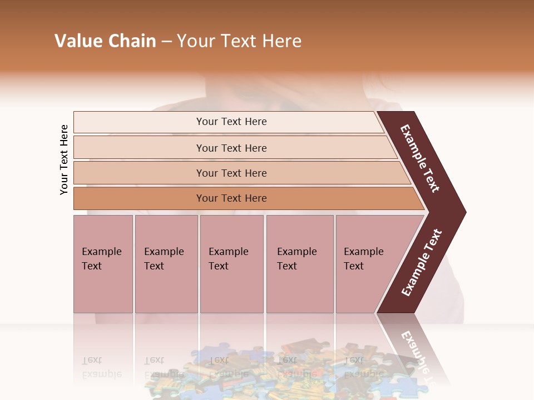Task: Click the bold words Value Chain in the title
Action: [x=105, y=41]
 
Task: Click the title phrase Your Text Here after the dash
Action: [x=239, y=41]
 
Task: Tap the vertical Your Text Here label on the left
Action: [x=64, y=159]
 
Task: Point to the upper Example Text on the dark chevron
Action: [x=420, y=158]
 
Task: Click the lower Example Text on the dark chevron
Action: [x=421, y=263]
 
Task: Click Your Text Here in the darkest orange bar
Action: [x=231, y=198]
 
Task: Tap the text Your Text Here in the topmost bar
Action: [x=231, y=122]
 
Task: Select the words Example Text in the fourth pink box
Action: [x=296, y=259]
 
